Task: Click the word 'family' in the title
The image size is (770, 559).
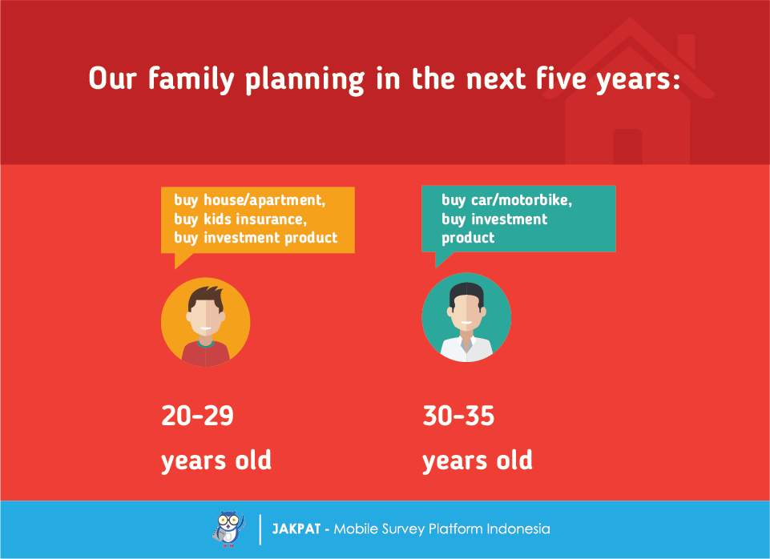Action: (x=191, y=78)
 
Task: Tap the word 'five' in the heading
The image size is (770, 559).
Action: (x=560, y=78)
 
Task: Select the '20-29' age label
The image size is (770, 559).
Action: (x=197, y=415)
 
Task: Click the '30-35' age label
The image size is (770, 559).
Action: (x=458, y=415)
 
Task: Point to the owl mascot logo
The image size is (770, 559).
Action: (x=229, y=529)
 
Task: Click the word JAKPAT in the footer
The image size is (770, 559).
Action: (x=296, y=529)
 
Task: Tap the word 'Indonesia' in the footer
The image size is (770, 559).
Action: (x=518, y=529)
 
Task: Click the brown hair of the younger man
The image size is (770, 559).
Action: (x=206, y=297)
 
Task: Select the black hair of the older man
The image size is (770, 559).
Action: (x=466, y=292)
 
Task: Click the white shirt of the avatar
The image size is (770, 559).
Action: (x=466, y=348)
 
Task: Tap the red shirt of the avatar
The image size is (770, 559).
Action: (x=206, y=353)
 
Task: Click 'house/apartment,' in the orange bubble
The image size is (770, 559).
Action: (x=264, y=200)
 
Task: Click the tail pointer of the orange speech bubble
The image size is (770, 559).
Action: (x=182, y=260)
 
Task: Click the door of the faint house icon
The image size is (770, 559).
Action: (x=627, y=147)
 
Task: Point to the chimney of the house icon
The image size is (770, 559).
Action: (x=686, y=50)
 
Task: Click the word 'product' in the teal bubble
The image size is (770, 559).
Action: (x=468, y=238)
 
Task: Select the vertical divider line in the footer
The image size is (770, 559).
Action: (x=260, y=529)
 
